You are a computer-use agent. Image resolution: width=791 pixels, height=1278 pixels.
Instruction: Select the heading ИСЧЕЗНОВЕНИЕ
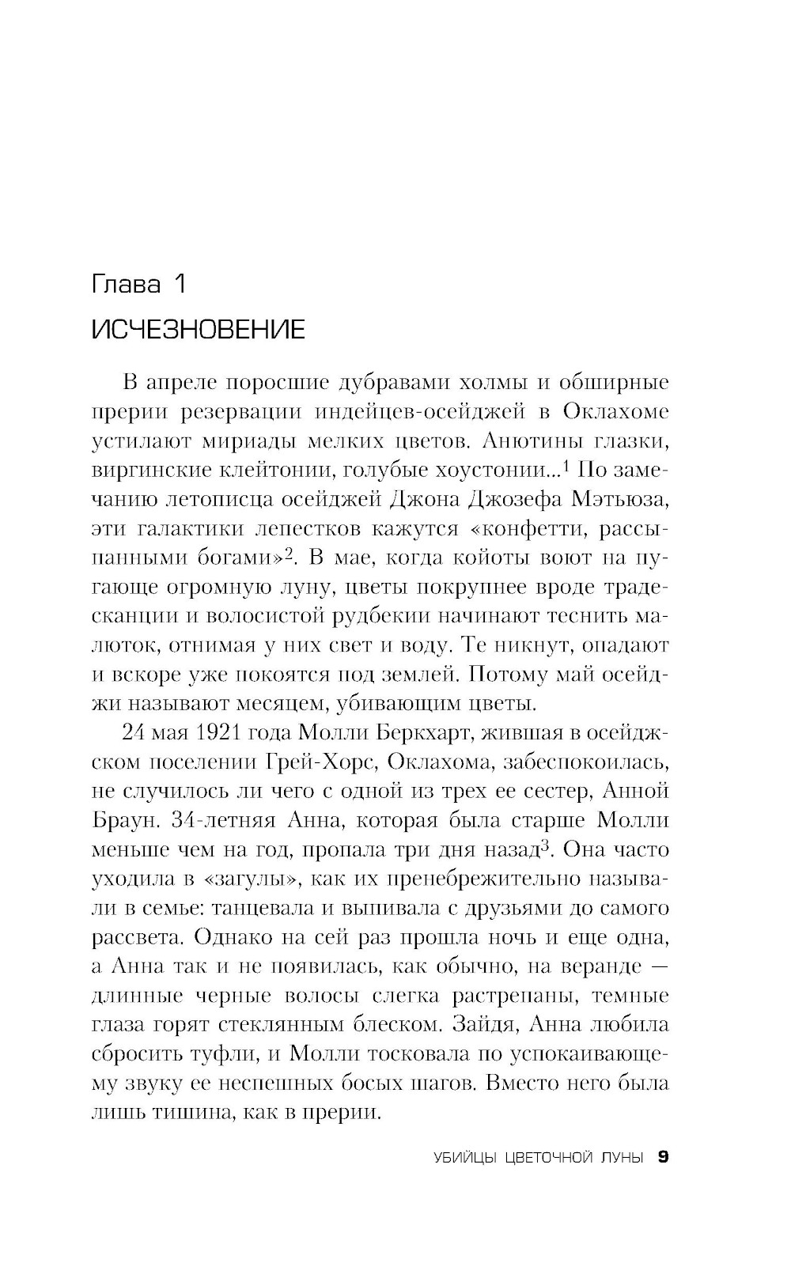click(x=198, y=329)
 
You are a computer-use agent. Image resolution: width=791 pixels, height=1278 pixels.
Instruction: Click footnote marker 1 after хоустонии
click(x=567, y=467)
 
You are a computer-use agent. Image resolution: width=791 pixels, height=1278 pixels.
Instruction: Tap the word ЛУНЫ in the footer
click(x=623, y=1158)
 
